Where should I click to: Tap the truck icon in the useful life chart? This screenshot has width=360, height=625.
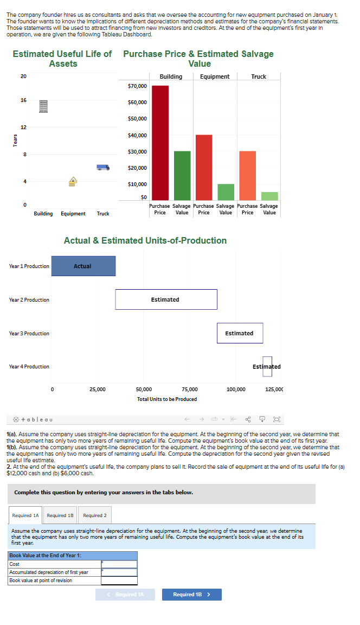click(102, 167)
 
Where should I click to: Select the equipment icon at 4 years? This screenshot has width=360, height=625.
click(73, 181)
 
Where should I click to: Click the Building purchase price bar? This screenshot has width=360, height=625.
click(160, 143)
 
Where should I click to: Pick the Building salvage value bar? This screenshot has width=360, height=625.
click(182, 175)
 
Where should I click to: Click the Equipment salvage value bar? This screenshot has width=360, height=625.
click(226, 192)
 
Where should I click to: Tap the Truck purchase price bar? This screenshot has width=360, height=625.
click(247, 175)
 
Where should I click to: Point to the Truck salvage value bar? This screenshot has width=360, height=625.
click(269, 196)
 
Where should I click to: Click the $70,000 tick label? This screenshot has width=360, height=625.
click(137, 86)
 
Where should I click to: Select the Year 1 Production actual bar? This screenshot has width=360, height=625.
click(83, 266)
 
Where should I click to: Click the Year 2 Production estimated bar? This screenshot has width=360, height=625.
click(166, 299)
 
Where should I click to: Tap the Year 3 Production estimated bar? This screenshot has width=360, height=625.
click(240, 333)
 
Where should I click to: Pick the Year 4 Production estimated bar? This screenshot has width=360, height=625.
click(267, 366)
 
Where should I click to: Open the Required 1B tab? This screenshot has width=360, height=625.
click(60, 515)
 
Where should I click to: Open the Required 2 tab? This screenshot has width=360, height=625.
click(94, 515)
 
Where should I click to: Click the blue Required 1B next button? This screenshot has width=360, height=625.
click(191, 595)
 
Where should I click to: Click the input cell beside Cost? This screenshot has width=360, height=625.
click(119, 564)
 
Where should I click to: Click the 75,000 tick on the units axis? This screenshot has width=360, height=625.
click(190, 389)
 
